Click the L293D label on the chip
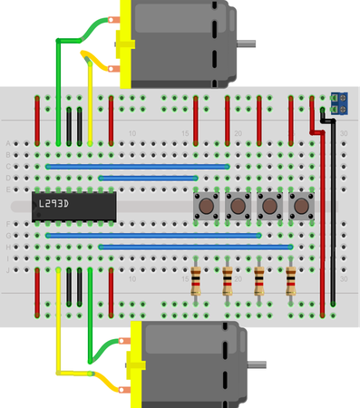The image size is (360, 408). pos(55,204)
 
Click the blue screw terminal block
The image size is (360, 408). pos(340,102)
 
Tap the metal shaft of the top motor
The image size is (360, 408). pos(245,44)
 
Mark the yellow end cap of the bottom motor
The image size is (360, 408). pos(138,366)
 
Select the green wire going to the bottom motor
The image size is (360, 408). pos(90,326)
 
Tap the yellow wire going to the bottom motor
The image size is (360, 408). pos(58,326)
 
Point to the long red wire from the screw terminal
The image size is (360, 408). pos(322,209)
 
